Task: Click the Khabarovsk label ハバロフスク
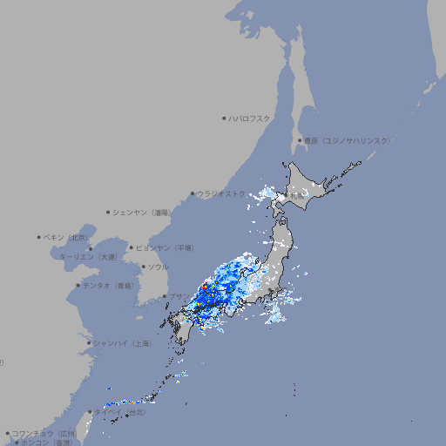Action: click(x=250, y=118)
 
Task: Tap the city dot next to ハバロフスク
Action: click(x=225, y=118)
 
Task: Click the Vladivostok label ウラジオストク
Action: click(x=221, y=194)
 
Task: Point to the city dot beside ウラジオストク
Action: click(x=193, y=194)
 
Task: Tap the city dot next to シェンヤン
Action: click(x=108, y=212)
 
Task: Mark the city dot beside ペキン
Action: click(x=39, y=237)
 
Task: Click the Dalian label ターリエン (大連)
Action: click(x=88, y=257)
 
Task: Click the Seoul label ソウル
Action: click(x=158, y=267)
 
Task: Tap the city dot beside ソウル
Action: click(x=141, y=267)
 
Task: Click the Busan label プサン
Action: click(x=177, y=297)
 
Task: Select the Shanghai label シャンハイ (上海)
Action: click(x=122, y=343)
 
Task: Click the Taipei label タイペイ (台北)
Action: click(x=120, y=412)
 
